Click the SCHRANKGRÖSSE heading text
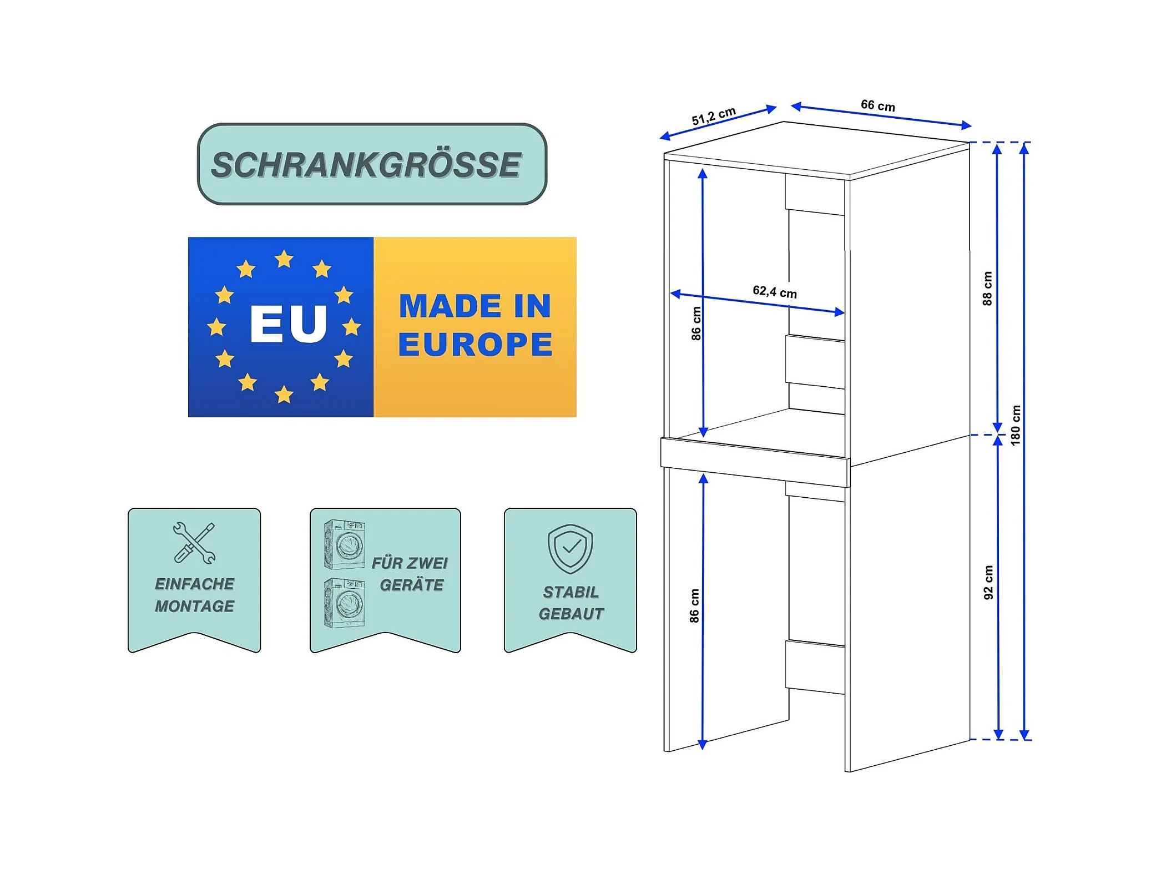click(366, 165)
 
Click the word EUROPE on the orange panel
click(475, 345)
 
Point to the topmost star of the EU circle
click(284, 259)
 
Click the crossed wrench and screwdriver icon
click(194, 543)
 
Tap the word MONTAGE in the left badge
click(194, 606)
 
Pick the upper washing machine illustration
click(344, 544)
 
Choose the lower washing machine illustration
click(344, 603)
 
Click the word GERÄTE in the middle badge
click(411, 585)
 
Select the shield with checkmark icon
click(570, 548)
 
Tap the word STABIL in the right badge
click(571, 592)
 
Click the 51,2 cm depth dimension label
click(713, 115)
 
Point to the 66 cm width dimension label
click(877, 105)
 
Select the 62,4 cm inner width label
click(774, 291)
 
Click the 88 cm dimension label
click(987, 288)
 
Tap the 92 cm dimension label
click(988, 582)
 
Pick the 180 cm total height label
click(1015, 425)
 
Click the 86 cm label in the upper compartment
click(696, 324)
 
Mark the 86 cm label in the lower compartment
click(694, 605)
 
